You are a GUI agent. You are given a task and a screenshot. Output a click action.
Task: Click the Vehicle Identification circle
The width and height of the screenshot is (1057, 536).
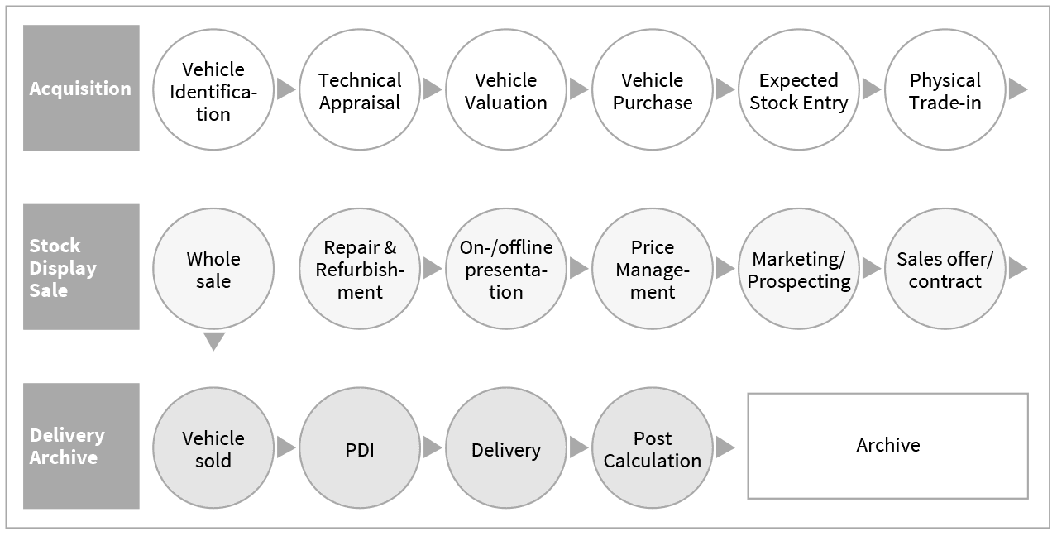tap(213, 90)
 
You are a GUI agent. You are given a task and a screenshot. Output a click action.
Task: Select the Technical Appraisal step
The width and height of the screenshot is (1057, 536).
tap(360, 90)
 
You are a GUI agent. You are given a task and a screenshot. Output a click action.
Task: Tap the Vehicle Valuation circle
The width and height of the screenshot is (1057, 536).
tap(506, 90)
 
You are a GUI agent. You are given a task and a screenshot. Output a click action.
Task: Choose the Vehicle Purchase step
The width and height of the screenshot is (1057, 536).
tap(653, 90)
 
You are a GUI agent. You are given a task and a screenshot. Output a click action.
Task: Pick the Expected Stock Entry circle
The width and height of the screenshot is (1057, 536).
tap(799, 90)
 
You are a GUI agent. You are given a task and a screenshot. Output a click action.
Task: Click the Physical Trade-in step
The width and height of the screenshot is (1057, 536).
tap(945, 90)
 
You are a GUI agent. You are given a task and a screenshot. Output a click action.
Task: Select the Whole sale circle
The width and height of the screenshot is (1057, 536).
tap(213, 269)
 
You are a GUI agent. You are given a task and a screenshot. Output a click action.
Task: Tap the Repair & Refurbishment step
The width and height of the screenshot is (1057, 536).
tap(360, 269)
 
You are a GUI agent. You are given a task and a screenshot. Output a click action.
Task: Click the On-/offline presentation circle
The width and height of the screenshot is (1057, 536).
tap(506, 269)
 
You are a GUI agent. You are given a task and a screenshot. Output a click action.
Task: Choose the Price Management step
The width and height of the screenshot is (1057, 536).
tap(653, 269)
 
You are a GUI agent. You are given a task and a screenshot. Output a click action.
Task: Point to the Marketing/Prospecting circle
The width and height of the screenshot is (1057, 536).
tap(799, 269)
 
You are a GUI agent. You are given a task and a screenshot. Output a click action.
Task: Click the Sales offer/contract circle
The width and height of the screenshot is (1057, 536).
tap(945, 269)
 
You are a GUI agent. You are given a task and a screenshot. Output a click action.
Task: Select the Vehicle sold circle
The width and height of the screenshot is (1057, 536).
tap(213, 448)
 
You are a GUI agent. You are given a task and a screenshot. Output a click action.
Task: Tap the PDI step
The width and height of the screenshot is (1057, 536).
tap(360, 448)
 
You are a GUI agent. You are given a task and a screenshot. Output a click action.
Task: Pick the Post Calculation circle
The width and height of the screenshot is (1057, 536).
tap(653, 448)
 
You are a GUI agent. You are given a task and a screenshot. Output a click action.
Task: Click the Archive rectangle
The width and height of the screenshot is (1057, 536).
tap(887, 446)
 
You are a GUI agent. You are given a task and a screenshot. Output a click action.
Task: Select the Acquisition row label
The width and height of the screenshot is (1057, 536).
tap(81, 89)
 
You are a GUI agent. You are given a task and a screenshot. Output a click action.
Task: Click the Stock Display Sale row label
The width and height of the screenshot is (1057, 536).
tap(81, 267)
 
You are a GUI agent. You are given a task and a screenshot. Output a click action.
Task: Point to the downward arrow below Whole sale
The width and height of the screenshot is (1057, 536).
tap(213, 341)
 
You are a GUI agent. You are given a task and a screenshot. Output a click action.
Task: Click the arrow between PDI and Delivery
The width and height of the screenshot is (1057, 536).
tap(433, 447)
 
